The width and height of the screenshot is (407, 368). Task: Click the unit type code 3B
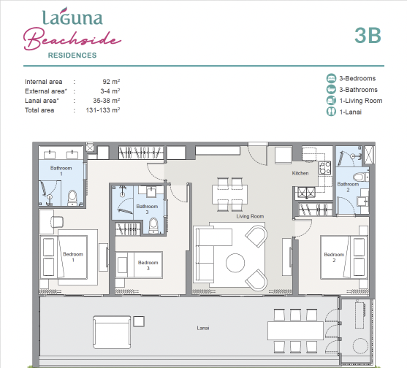[368, 35]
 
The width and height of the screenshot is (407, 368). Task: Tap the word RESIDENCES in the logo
[72, 55]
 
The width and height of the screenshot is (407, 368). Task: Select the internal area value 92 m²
[111, 82]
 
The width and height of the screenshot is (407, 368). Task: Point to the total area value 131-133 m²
[103, 110]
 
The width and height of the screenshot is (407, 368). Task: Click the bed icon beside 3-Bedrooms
[331, 78]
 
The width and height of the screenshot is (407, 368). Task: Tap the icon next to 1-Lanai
[331, 112]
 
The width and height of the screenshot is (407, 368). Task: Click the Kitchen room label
[300, 173]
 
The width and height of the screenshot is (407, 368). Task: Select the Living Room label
[250, 216]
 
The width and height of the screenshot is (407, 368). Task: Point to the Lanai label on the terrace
[203, 328]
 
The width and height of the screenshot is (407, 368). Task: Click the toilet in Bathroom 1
[72, 198]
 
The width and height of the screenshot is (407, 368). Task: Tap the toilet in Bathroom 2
[361, 177]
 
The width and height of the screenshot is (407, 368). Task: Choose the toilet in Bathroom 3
[153, 226]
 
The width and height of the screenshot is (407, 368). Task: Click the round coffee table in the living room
[235, 263]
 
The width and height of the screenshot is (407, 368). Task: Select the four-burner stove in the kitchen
[325, 167]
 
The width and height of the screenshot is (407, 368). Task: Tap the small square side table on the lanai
[139, 321]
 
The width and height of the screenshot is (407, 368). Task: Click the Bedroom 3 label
[148, 265]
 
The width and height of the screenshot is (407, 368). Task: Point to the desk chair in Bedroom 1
[57, 222]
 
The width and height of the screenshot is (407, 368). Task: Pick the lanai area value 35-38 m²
[107, 101]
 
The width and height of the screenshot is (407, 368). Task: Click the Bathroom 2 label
[348, 187]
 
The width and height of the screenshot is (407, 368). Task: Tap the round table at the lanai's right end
[359, 346]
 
